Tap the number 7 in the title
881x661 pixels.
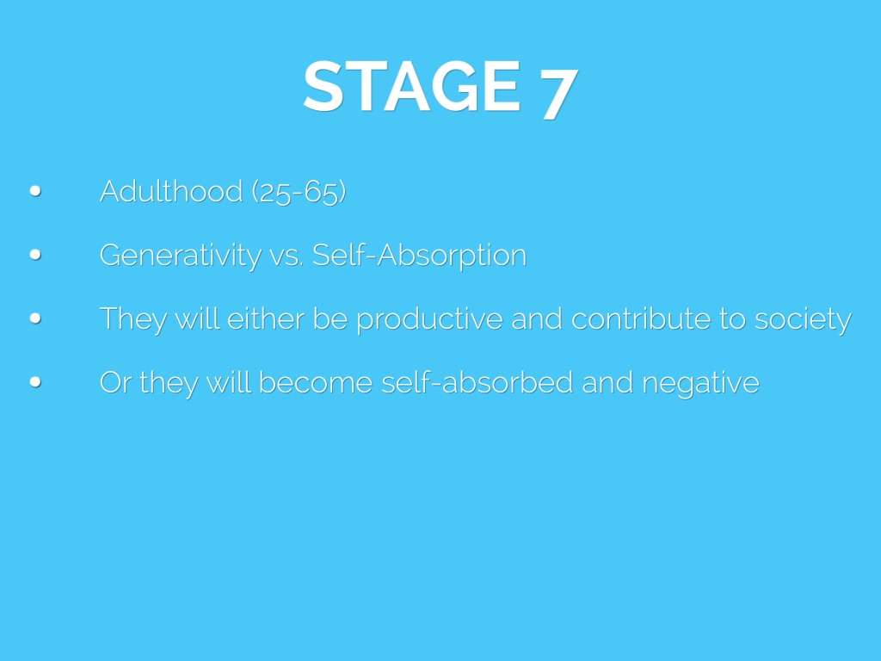coord(559,94)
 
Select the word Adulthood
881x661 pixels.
coord(171,191)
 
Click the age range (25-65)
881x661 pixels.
coord(299,192)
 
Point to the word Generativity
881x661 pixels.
coord(181,256)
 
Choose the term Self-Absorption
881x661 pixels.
coord(419,255)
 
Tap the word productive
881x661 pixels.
coord(430,319)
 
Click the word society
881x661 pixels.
coord(803,320)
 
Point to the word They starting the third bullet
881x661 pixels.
coord(133,319)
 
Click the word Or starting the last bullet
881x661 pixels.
coord(115,383)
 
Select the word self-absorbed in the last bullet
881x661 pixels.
coord(477,382)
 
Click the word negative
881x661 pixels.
coord(700,384)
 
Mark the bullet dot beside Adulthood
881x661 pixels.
coord(35,191)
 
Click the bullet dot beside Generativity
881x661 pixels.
coord(35,255)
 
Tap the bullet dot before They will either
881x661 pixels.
coord(35,318)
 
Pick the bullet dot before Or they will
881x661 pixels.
coord(35,382)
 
